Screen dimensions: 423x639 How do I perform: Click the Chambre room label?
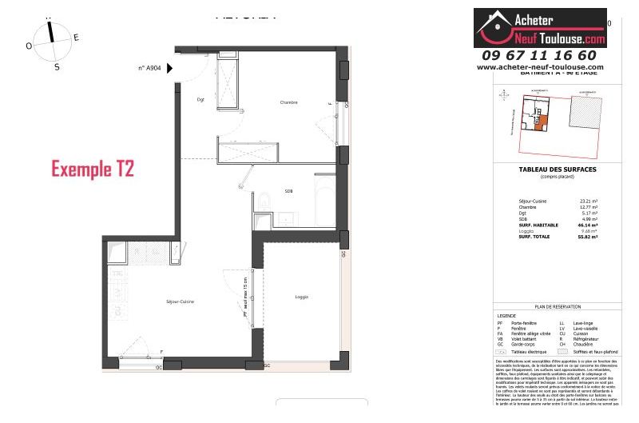pos(288,103)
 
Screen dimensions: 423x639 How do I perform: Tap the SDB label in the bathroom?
pos(288,190)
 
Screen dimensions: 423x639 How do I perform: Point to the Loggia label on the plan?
pos(301,297)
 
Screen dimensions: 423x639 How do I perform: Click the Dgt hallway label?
pos(200,100)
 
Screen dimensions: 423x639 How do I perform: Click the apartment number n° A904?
pos(149,69)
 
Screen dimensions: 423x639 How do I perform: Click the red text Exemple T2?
pos(92,169)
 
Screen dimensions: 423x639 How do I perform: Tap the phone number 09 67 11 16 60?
pos(539,55)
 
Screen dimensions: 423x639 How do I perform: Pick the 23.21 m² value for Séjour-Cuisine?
pos(589,201)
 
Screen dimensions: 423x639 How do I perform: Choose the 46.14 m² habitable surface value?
pos(589,225)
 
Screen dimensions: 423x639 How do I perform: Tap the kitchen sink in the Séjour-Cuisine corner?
pos(119,253)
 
